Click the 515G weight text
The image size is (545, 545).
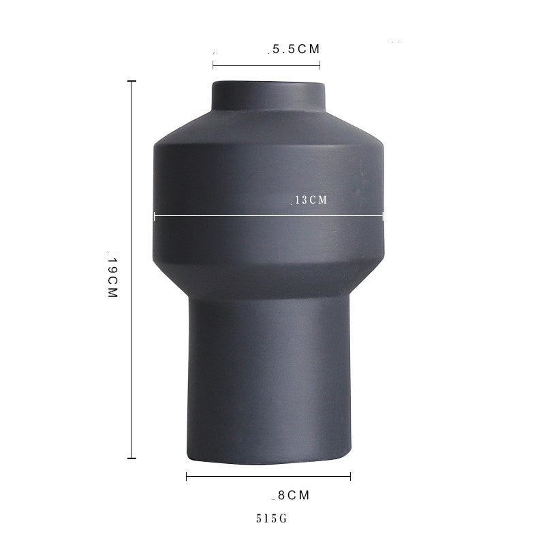pos(272,518)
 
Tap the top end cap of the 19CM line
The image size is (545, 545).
pos(131,81)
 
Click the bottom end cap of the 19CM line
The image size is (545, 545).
pos(131,458)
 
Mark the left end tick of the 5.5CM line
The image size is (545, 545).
pos(213,65)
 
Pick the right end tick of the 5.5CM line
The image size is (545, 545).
pos(320,65)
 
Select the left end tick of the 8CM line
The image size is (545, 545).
pos(187,476)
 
